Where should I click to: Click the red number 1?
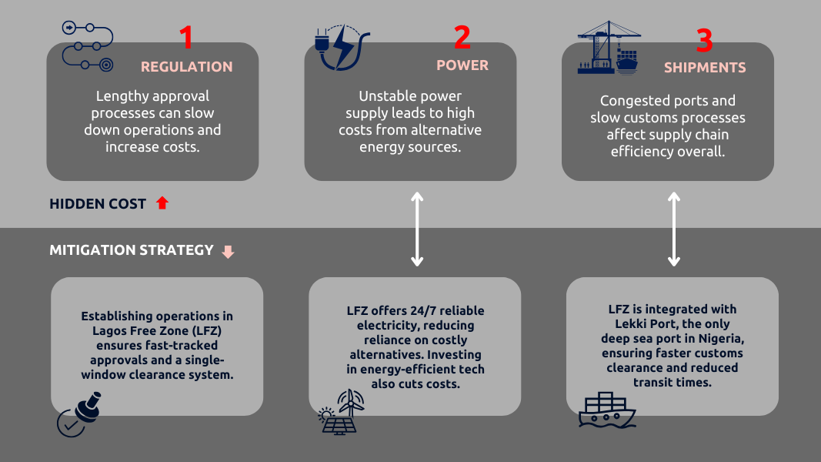[x=186, y=37]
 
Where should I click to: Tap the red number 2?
[x=462, y=37]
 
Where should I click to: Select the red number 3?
[x=704, y=40]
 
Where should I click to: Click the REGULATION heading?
[x=186, y=67]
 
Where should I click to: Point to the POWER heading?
[x=462, y=65]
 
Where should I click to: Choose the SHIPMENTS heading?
[x=705, y=68]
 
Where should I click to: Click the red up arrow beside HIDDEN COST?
[x=162, y=203]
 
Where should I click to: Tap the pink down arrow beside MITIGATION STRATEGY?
[x=227, y=252]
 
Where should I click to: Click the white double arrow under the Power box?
[x=416, y=229]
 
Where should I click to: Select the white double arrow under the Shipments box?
[x=674, y=229]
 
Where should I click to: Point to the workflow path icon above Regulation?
[x=87, y=47]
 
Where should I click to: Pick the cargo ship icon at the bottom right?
[x=607, y=410]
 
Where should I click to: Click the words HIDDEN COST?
[x=98, y=204]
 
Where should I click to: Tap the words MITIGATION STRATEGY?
[x=132, y=250]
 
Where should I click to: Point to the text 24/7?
[x=415, y=311]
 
